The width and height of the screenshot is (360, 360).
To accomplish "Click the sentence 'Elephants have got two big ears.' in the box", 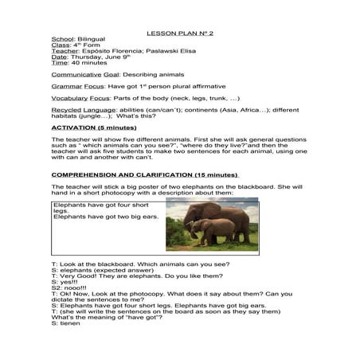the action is (x=105, y=217).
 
